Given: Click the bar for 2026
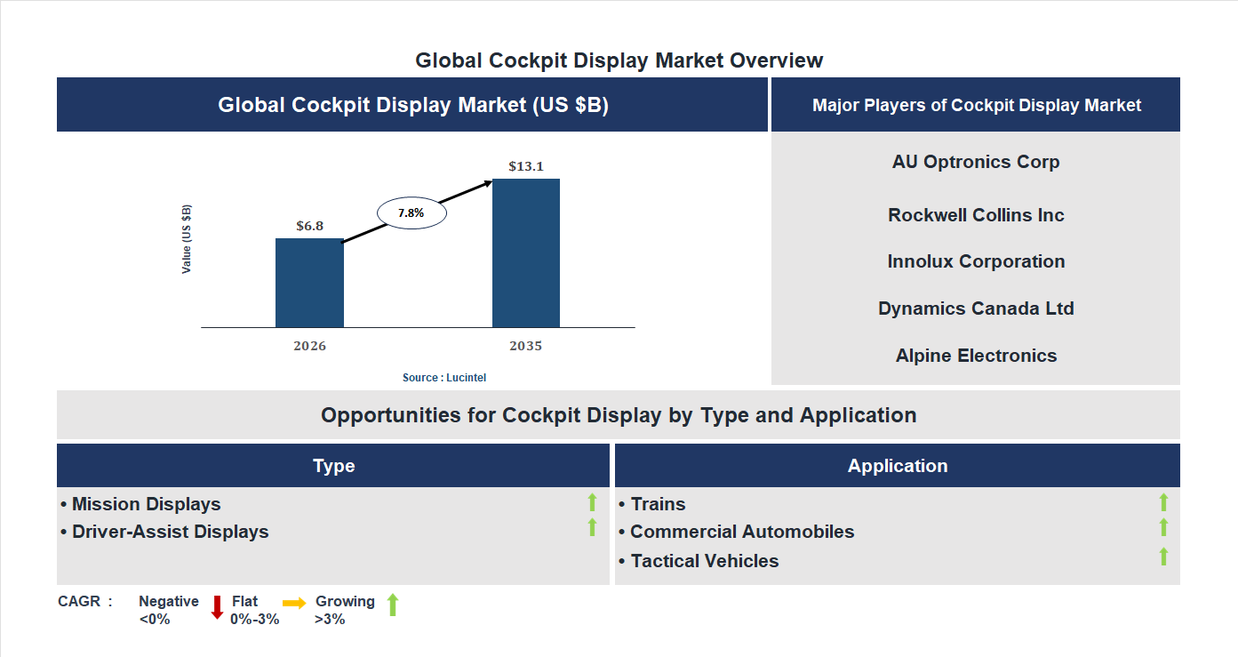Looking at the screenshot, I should coord(309,283).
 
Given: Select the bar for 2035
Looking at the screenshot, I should coord(526,252).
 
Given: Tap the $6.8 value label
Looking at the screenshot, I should coord(309,226).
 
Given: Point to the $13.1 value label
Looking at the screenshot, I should coord(526,166).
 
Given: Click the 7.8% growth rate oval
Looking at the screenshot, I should coord(411,213).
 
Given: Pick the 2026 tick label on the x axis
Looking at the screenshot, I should coord(309,346).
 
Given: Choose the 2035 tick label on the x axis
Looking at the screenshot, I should coord(526,346).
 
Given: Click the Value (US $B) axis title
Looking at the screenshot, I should coord(187,239).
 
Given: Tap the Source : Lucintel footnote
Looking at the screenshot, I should coord(444,378).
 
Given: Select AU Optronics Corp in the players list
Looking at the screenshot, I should coord(976,162).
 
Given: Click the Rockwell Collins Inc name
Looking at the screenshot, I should coord(976,215).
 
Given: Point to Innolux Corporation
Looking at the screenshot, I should coord(976,261).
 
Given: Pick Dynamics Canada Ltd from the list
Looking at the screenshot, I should coord(976,308).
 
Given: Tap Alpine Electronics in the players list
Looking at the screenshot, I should coord(976,356).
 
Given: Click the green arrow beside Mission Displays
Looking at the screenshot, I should coord(592,502).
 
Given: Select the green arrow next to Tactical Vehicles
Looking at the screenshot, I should coord(1163,557).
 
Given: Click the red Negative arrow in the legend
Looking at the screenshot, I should coord(216,608).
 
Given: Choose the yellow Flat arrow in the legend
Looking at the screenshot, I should coord(294,603).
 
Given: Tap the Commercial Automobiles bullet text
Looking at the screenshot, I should coord(742,532).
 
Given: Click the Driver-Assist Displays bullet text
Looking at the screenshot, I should coord(170,532).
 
